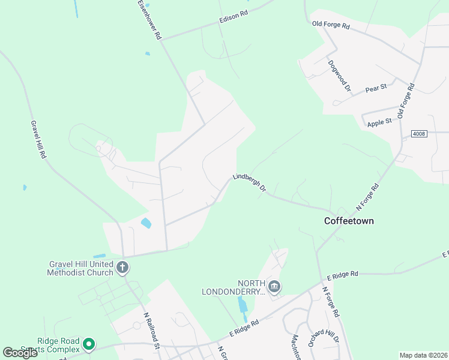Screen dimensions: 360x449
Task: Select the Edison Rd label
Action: pos(234,16)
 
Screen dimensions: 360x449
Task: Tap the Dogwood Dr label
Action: pos(339,75)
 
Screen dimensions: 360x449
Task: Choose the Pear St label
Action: pos(376,88)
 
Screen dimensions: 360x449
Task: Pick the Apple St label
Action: pos(379,122)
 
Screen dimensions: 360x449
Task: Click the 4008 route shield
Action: pos(419,133)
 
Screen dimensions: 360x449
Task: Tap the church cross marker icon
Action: pos(122,267)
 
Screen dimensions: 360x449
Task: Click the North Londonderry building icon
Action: pos(274,287)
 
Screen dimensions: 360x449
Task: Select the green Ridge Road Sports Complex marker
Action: pos(89,344)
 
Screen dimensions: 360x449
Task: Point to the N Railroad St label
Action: pos(151,329)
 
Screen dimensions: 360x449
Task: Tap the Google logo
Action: pos(20,353)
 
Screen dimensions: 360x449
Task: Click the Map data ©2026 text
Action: pos(423,355)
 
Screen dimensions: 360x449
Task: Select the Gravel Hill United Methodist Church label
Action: pos(80,268)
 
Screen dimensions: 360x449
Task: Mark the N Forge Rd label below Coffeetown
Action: pos(331,301)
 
